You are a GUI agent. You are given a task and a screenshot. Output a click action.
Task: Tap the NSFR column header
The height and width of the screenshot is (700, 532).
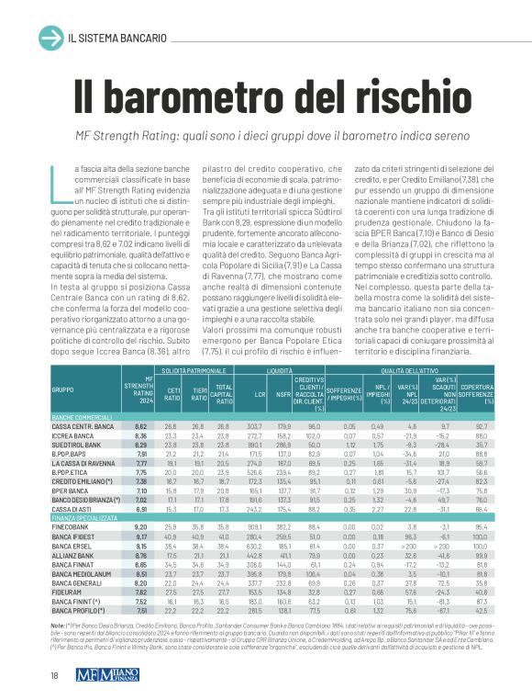pos(283,400)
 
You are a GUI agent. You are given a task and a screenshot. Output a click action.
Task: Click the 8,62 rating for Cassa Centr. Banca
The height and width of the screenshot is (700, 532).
pos(141,426)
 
